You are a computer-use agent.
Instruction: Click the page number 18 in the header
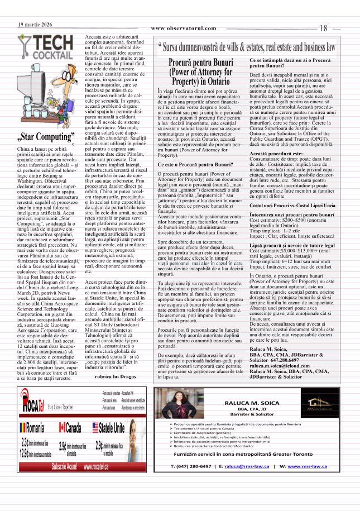[x=324, y=28]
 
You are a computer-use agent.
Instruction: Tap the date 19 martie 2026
[x=35, y=25]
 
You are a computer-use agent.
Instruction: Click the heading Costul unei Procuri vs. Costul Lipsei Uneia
[x=292, y=206]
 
